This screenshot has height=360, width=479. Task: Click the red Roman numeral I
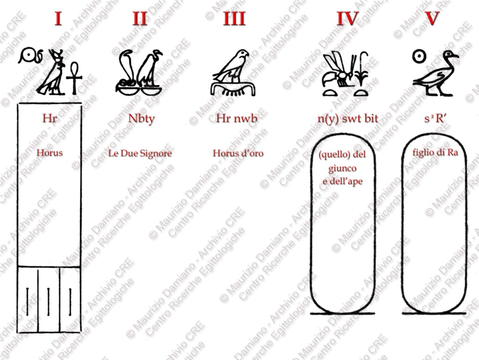tap(58, 18)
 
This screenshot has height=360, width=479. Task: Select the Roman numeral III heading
tap(234, 18)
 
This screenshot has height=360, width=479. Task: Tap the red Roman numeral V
tap(432, 18)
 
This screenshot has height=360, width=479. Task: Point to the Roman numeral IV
tap(348, 18)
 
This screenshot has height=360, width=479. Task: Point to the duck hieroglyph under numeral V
tap(435, 73)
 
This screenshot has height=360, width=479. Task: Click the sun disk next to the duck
tap(419, 57)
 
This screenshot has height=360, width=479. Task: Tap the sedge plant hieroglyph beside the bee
tap(362, 69)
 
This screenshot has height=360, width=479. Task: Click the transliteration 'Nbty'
tap(141, 119)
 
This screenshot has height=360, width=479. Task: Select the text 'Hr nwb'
tap(237, 118)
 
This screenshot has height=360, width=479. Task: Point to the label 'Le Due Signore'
tap(140, 153)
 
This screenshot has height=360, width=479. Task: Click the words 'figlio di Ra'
tap(435, 152)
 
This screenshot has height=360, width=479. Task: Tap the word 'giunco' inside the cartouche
tap(342, 169)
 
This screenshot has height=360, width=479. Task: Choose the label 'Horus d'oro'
tap(238, 153)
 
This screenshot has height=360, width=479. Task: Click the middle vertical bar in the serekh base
tap(48, 302)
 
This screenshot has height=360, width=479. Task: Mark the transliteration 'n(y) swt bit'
tap(348, 118)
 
